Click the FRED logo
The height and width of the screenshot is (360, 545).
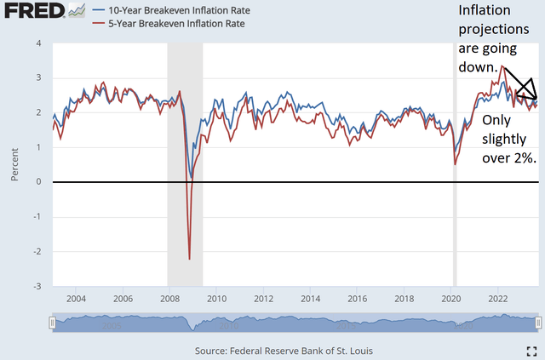point(25,12)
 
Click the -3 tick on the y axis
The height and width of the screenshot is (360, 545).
point(37,287)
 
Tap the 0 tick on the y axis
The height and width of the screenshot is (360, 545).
point(39,182)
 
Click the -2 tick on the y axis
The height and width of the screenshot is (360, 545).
point(37,252)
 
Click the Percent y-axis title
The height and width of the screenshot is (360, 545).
point(14,164)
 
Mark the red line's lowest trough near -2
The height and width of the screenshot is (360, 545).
point(189,258)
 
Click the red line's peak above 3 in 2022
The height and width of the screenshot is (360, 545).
point(502,66)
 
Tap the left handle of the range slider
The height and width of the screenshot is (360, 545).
point(53,323)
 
